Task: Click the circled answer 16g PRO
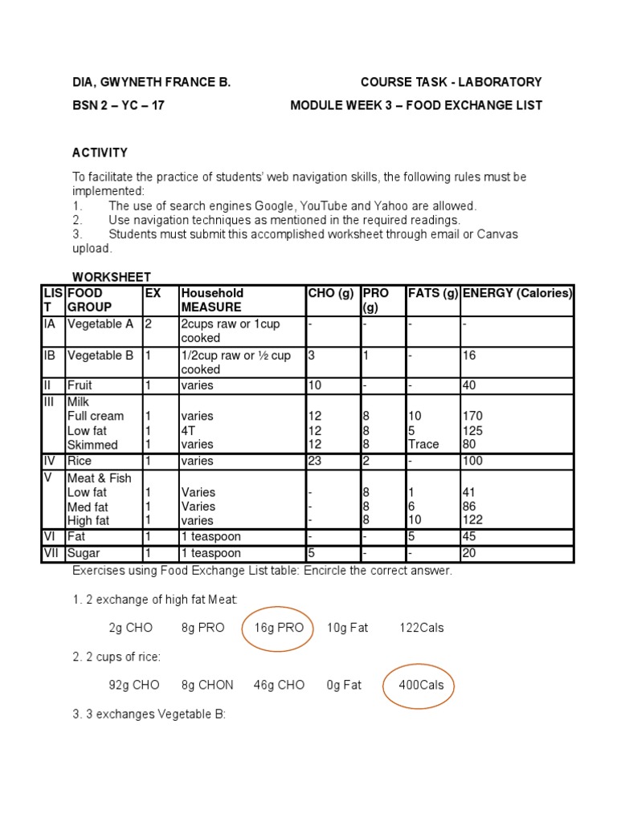click(x=279, y=628)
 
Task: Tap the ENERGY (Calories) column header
click(x=517, y=293)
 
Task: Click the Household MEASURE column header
click(x=212, y=299)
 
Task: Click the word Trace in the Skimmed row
click(x=423, y=445)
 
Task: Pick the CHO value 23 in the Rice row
click(x=315, y=462)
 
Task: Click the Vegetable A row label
click(x=100, y=324)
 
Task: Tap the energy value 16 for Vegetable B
click(x=469, y=355)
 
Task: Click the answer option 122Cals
click(x=422, y=628)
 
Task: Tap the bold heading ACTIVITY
click(x=100, y=153)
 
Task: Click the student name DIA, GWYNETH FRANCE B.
click(x=151, y=82)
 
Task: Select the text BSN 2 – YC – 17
click(x=118, y=106)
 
